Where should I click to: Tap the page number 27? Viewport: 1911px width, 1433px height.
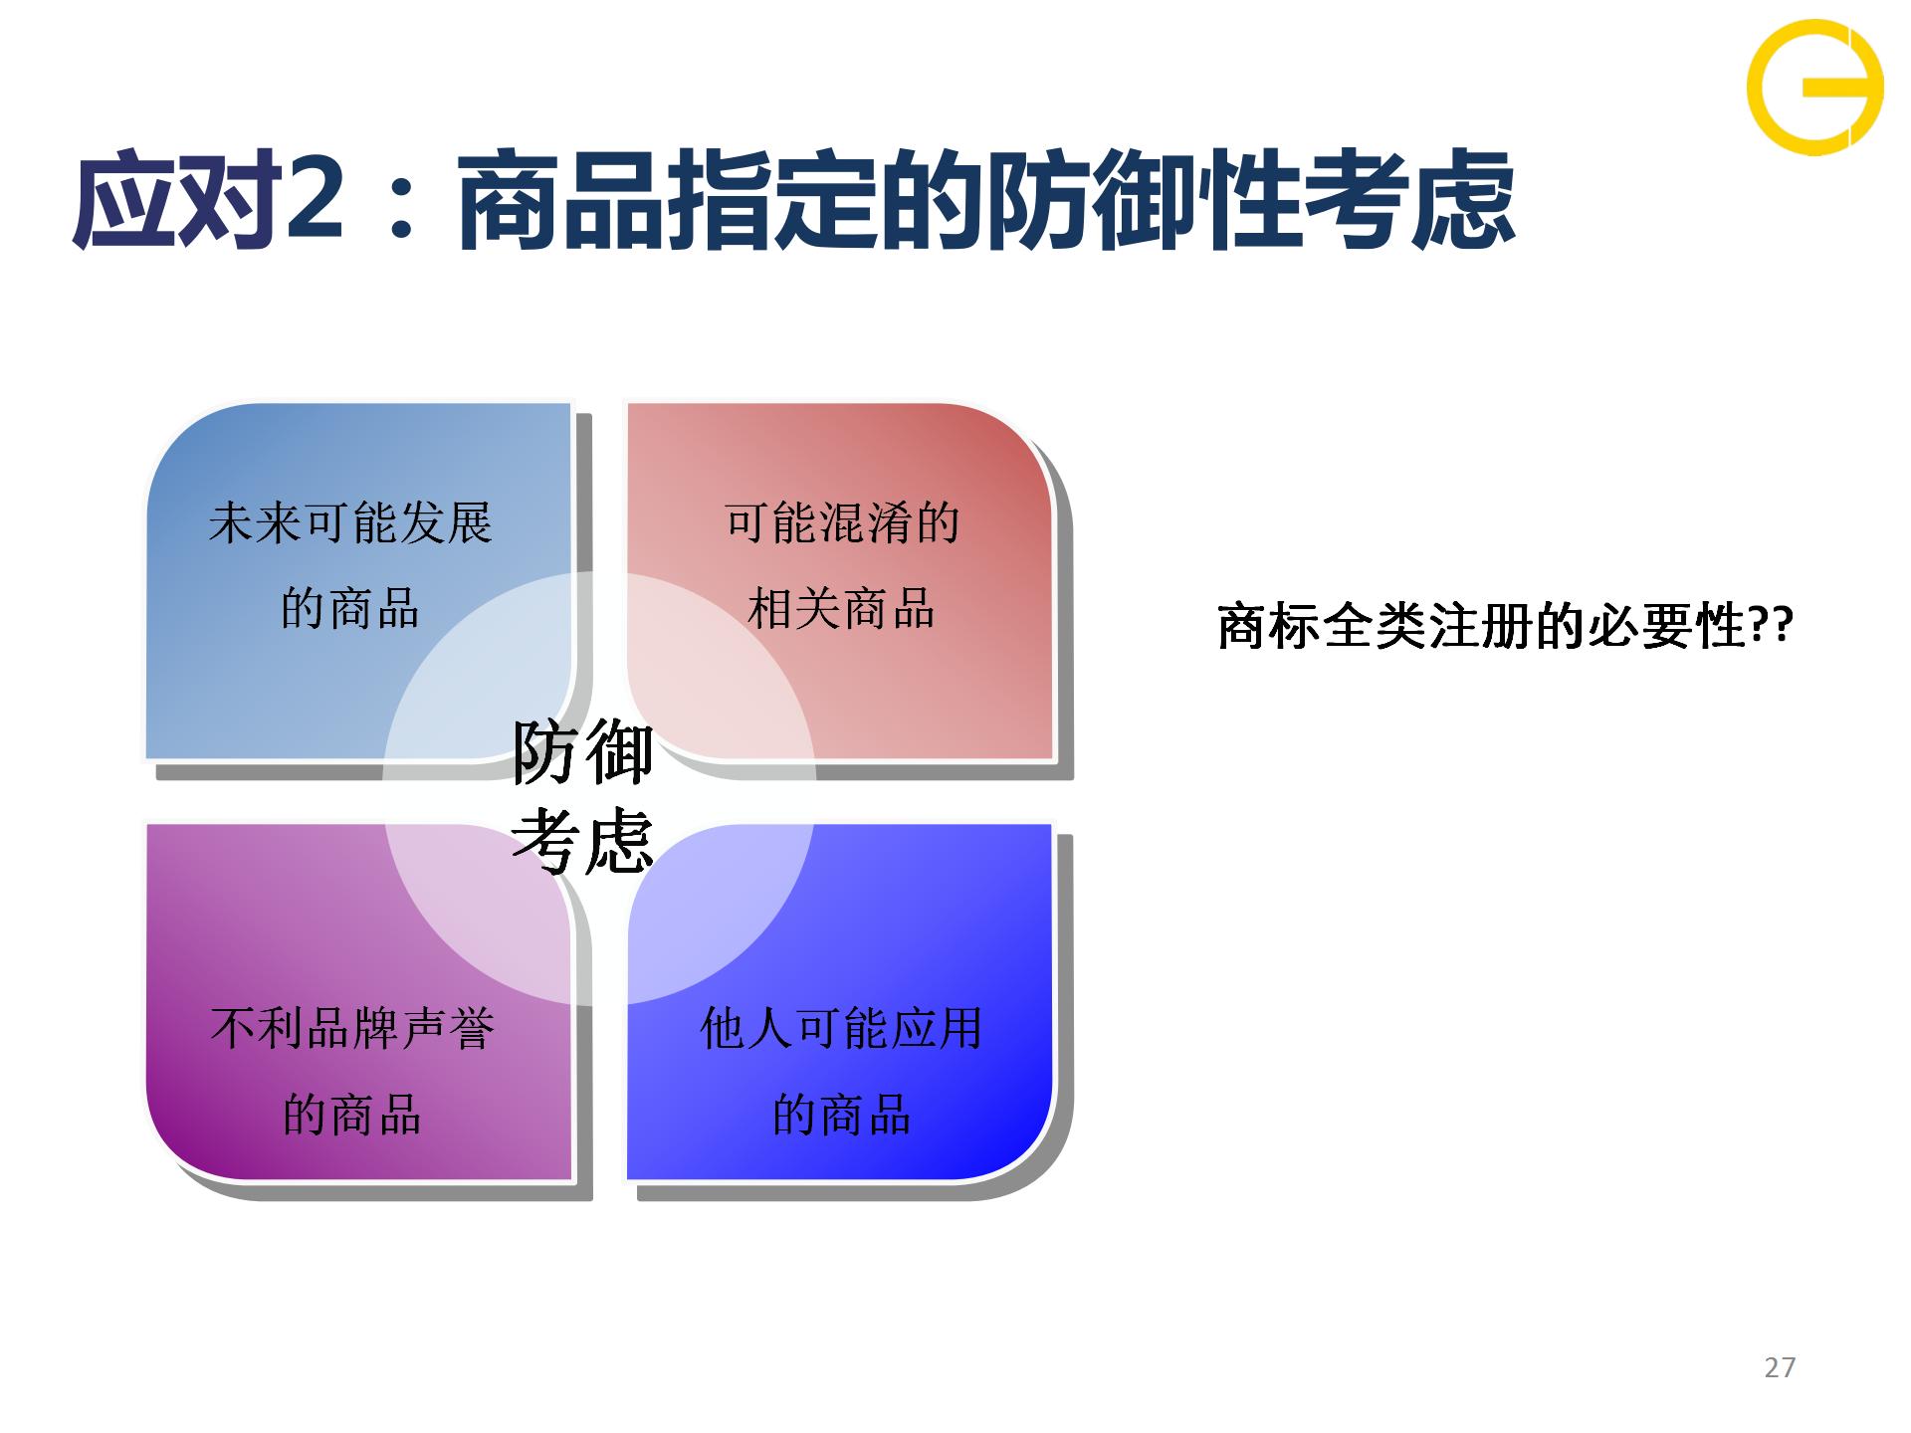tap(1780, 1367)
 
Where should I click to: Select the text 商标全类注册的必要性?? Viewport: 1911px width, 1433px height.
tap(1506, 626)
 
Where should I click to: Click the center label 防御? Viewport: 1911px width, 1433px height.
tap(583, 752)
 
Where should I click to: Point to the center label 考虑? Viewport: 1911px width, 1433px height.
tap(583, 841)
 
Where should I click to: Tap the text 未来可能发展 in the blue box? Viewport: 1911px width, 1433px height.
tap(350, 522)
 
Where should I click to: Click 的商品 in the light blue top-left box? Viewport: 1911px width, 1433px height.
tap(350, 608)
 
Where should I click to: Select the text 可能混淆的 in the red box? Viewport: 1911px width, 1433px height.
tap(841, 522)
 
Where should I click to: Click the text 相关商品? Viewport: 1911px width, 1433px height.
tap(841, 608)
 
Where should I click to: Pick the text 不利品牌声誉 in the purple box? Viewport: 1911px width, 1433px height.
tap(352, 1028)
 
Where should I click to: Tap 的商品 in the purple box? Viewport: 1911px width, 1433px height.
tap(352, 1114)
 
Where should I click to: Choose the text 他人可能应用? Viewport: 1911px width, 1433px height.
tap(841, 1028)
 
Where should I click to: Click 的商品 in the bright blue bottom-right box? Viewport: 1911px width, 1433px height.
tap(841, 1114)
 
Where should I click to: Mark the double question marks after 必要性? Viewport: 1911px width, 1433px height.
tap(1771, 626)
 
